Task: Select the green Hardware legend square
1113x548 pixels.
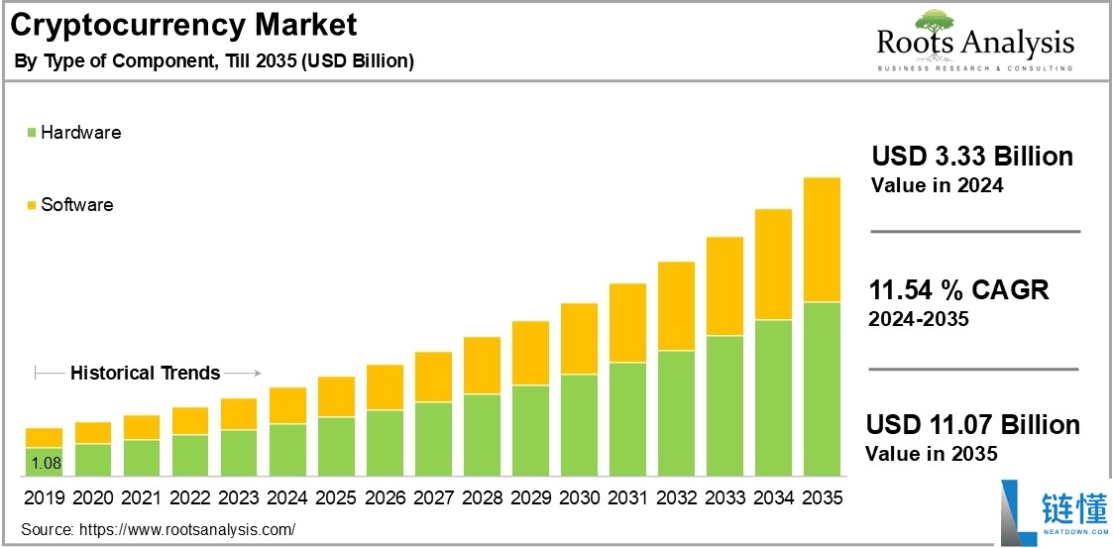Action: [x=32, y=133]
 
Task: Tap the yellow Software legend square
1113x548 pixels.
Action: [x=32, y=206]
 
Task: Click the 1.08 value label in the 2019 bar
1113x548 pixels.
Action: [x=44, y=463]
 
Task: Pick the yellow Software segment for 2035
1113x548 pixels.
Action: [x=822, y=240]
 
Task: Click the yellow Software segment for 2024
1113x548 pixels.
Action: [x=287, y=405]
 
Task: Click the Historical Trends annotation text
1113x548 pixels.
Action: [x=145, y=374]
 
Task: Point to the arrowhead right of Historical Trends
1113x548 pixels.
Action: [x=256, y=374]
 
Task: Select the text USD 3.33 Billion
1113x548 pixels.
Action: [x=971, y=157]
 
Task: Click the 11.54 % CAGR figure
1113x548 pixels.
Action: [x=958, y=290]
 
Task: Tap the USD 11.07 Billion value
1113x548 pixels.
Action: [x=972, y=425]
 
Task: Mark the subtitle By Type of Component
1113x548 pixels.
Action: [x=213, y=61]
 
